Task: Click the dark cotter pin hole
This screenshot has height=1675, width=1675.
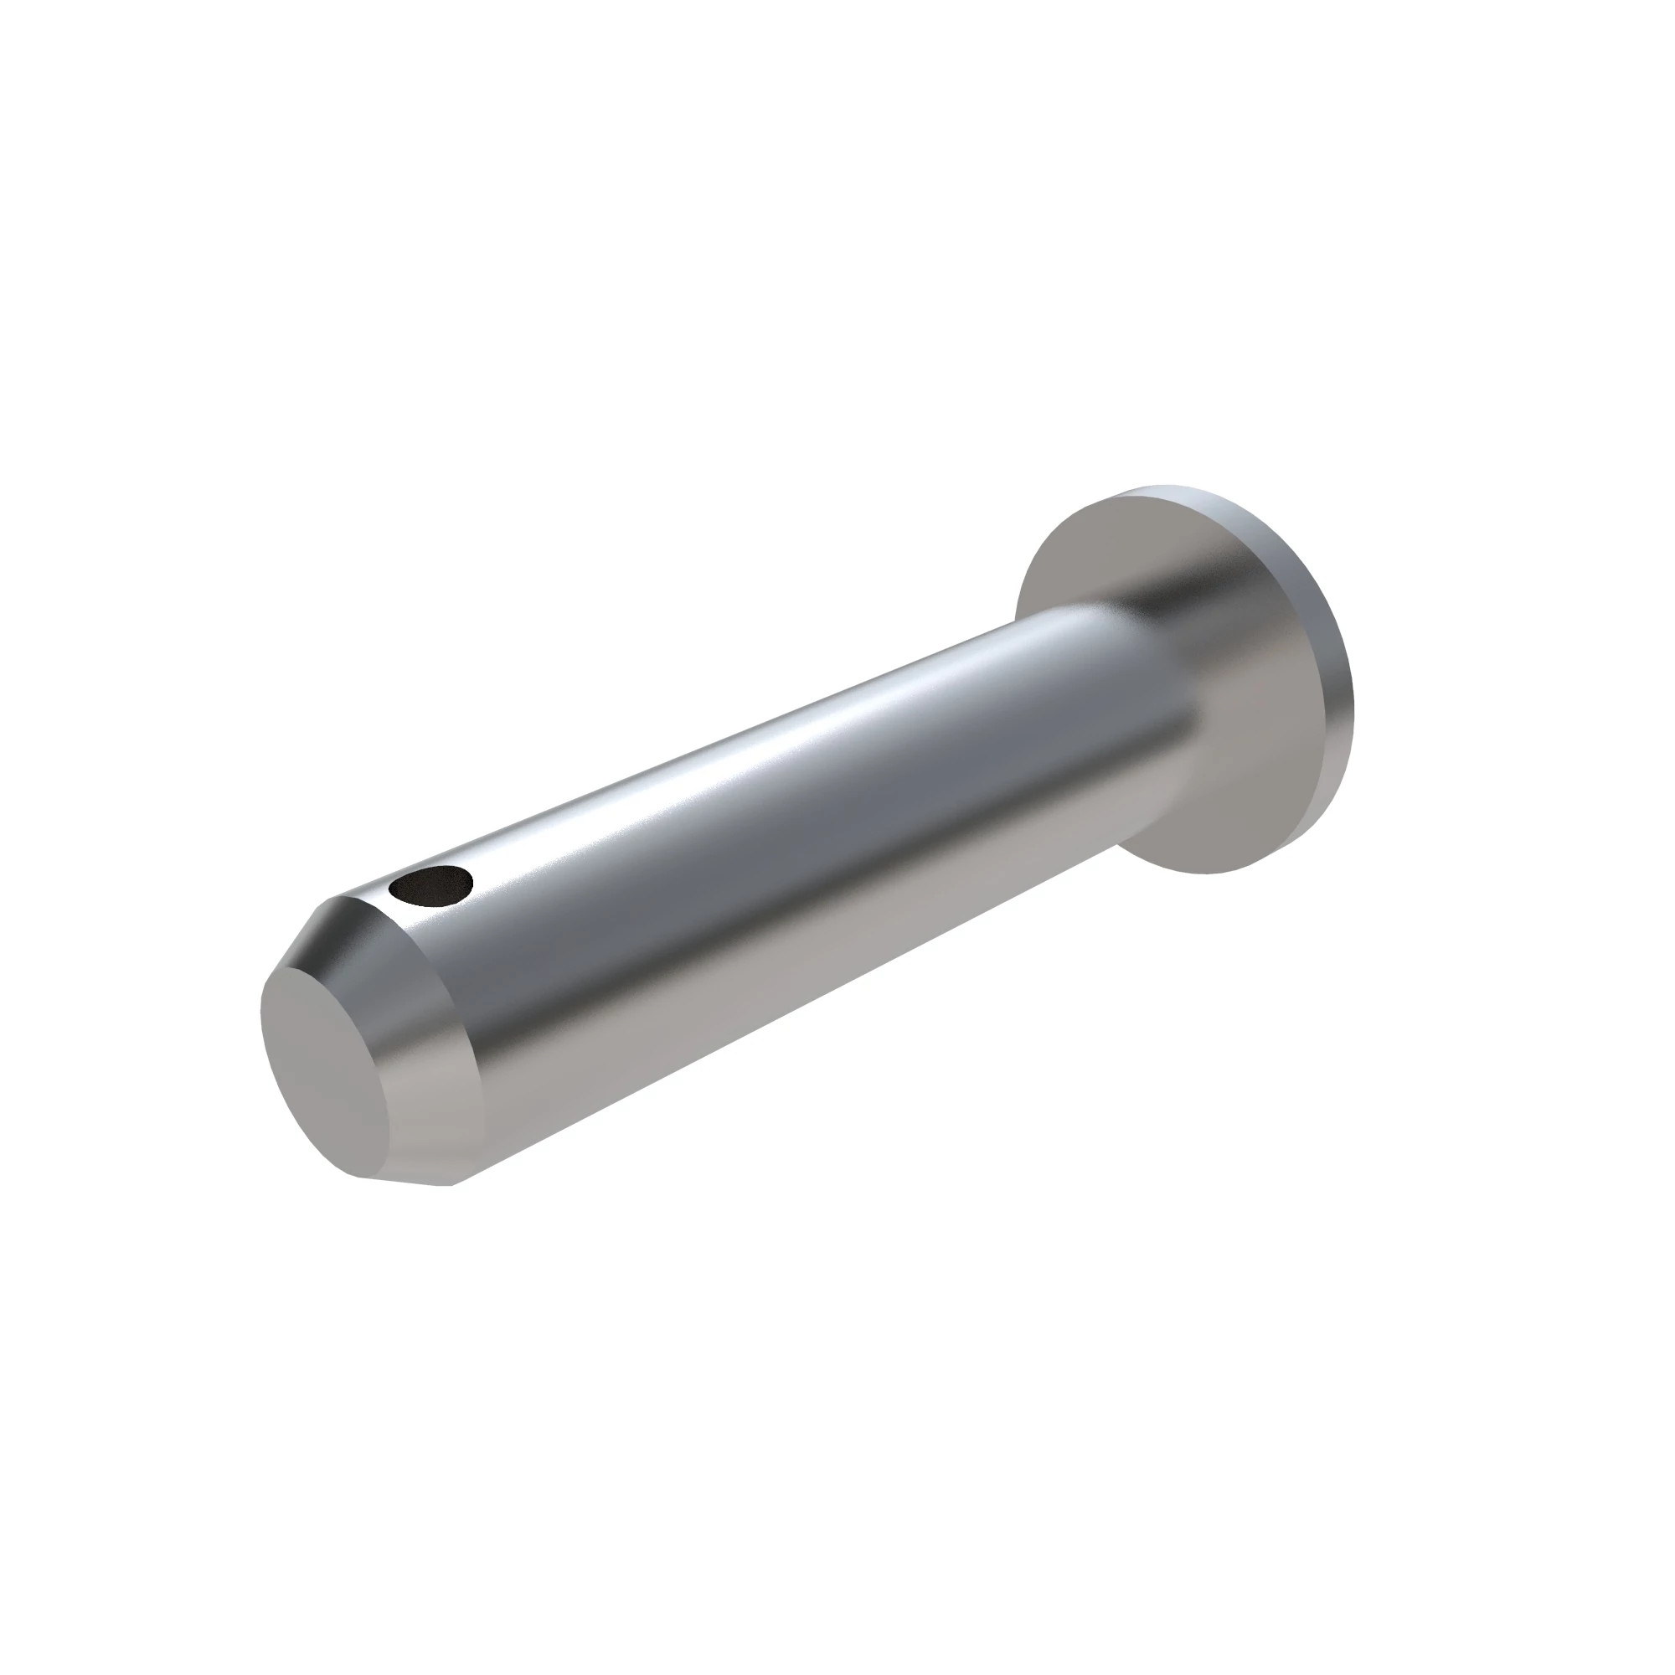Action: [x=430, y=884]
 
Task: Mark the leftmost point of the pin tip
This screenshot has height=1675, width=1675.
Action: [x=261, y=1014]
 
